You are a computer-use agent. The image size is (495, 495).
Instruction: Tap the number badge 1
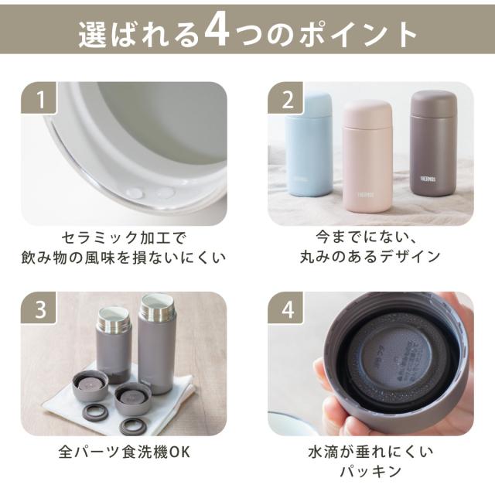[39, 97]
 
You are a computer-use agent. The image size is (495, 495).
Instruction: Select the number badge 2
[285, 97]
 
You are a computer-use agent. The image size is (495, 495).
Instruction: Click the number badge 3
[39, 308]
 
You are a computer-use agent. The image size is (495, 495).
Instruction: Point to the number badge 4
[285, 308]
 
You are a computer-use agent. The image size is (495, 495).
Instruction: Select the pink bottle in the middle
[367, 156]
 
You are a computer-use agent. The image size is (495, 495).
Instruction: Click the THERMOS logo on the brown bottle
[428, 179]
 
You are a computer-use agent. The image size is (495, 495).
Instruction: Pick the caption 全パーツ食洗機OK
[125, 452]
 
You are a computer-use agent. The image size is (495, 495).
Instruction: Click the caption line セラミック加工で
[124, 237]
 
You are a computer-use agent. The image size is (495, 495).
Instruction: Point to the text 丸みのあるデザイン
[370, 256]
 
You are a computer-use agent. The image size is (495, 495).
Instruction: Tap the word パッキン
[370, 471]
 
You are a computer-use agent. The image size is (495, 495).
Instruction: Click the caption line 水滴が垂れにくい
[370, 452]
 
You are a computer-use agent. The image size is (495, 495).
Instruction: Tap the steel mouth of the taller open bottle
[157, 306]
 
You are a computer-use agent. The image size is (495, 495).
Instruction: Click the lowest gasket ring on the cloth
[132, 426]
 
